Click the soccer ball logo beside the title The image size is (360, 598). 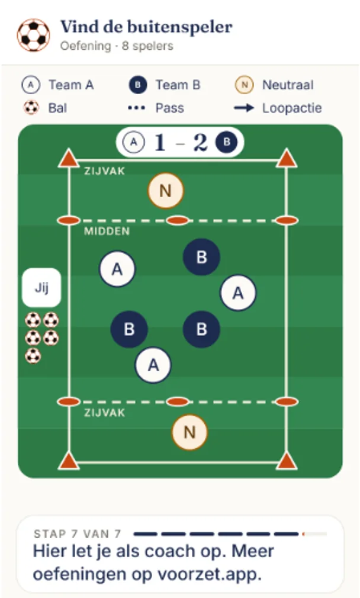point(34,35)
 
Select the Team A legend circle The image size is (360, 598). point(31,85)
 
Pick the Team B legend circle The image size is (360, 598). point(138,85)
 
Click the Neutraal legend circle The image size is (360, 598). point(245,85)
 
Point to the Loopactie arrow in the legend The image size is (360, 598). point(244,108)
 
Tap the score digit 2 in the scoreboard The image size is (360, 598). point(200,143)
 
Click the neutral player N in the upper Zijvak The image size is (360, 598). point(166,191)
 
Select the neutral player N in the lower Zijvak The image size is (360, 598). point(189,432)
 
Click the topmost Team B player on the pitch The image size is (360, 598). point(201,257)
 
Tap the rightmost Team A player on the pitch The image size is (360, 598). point(238,293)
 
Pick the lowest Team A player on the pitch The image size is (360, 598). point(153,365)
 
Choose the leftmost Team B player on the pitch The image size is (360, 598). point(129,329)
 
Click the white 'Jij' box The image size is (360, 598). point(41,288)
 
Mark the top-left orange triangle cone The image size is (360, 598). point(69,158)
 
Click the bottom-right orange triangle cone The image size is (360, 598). point(287,461)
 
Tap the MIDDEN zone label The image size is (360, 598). point(107,231)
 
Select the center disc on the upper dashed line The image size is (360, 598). point(178,220)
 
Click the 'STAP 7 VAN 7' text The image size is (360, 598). point(78,534)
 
